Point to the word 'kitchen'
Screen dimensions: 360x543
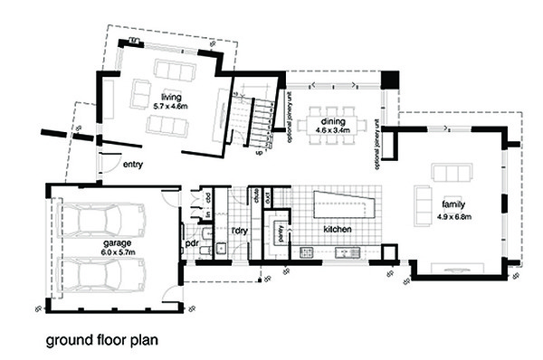[x=338, y=230]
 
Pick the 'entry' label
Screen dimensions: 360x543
[x=133, y=166]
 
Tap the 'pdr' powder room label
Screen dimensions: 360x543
[x=192, y=243]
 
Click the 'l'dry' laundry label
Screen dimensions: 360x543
[x=239, y=230]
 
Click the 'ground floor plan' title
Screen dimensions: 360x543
[x=102, y=342]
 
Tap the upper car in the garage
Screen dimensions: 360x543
[x=105, y=218]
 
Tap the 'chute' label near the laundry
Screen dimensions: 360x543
[x=257, y=194]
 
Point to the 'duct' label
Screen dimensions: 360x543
[x=269, y=194]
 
